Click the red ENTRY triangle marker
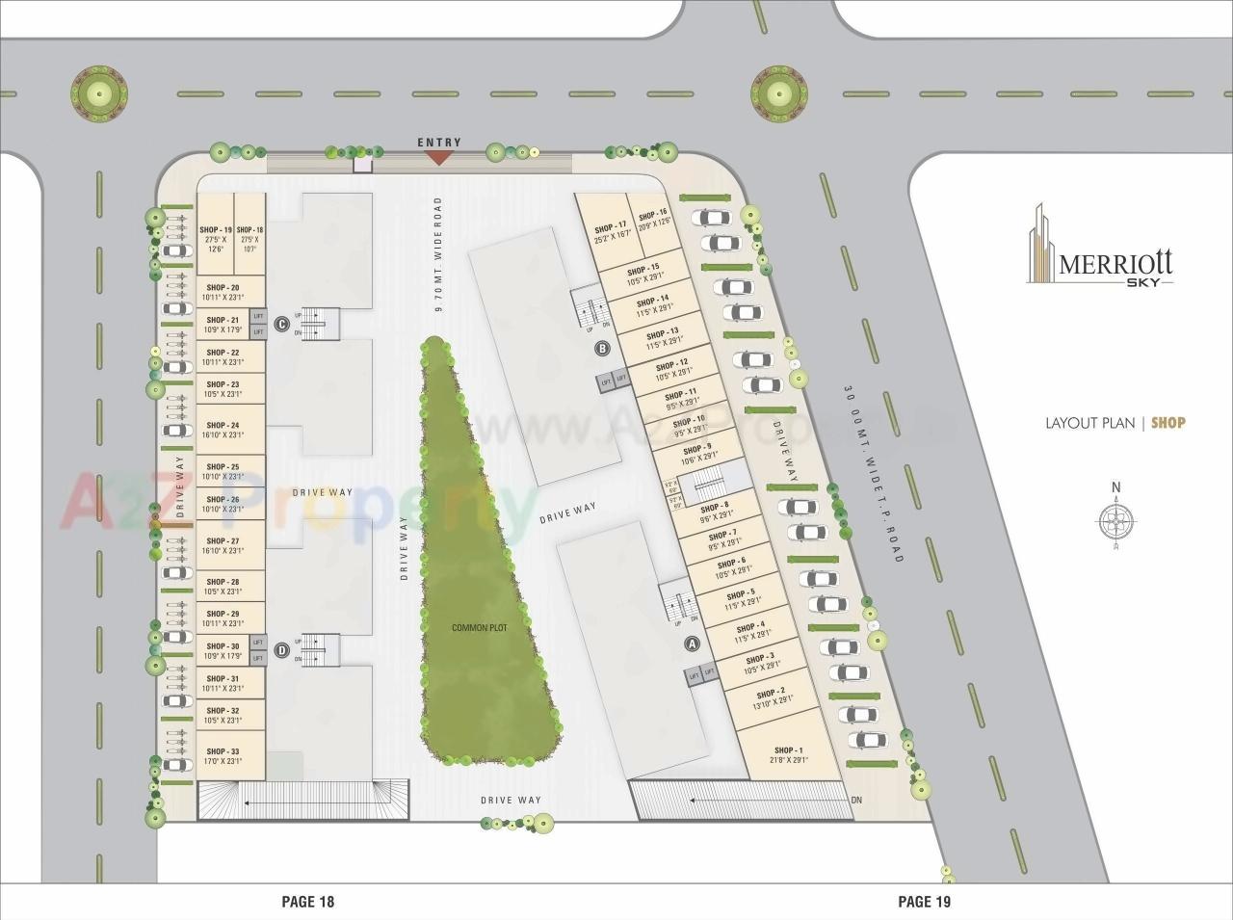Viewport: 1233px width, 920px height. (439, 156)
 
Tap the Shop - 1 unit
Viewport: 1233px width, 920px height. (788, 754)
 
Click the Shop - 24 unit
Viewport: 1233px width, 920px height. (222, 430)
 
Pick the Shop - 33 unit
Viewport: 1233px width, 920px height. (222, 756)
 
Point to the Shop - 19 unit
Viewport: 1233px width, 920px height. (216, 236)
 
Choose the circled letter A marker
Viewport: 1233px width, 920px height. (690, 643)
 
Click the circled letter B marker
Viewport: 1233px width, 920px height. (603, 348)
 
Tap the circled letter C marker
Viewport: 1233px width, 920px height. (281, 325)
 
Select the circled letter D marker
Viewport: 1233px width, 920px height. (281, 649)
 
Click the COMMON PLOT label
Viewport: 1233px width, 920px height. (479, 628)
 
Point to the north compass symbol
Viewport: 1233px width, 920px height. (1115, 521)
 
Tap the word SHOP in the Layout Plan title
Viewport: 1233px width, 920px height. (1168, 422)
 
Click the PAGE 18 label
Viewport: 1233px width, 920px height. (307, 902)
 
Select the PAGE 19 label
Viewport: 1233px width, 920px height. (924, 902)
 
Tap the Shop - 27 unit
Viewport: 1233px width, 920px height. (222, 545)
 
